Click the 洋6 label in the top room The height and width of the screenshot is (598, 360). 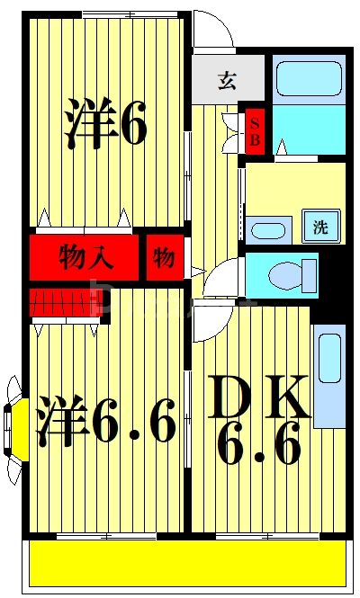pos(105,124)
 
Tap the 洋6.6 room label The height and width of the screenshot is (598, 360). pos(105,421)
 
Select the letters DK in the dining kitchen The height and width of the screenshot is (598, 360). pos(261,396)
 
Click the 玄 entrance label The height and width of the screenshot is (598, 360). pos(227,80)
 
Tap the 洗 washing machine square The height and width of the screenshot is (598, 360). pos(320,227)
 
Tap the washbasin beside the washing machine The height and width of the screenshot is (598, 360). pos(267,229)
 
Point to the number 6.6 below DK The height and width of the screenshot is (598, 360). pos(258,445)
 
